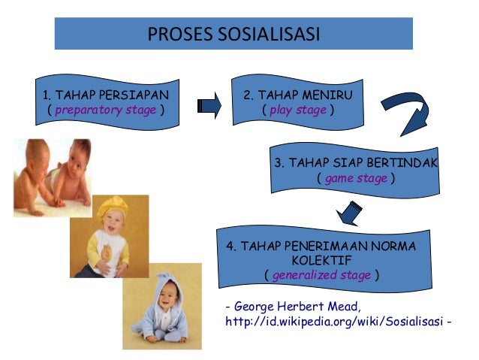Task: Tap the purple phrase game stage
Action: (356, 178)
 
